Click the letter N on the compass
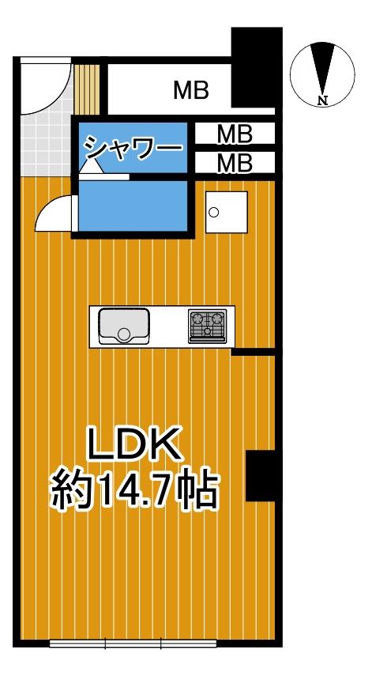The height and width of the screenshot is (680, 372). tap(322, 100)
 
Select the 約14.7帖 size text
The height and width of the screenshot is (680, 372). tap(135, 491)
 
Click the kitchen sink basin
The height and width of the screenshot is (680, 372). tap(124, 325)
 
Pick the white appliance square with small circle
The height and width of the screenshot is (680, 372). tap(226, 212)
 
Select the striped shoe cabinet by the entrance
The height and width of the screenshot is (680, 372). tap(89, 88)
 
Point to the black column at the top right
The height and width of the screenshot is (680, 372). tap(255, 67)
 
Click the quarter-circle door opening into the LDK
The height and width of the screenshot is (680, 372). tap(55, 213)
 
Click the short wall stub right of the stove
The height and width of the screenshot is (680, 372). tap(254, 351)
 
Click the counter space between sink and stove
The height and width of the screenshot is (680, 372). tap(169, 326)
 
